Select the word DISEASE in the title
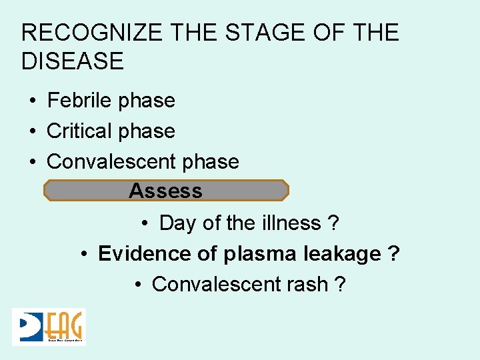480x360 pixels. tap(73, 61)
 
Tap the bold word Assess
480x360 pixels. tap(165, 191)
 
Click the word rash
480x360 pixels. tap(307, 285)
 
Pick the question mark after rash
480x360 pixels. tap(340, 285)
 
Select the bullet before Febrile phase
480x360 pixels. tap(32, 101)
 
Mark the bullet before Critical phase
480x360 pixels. tap(32, 132)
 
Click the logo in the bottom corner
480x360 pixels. tap(49, 327)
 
